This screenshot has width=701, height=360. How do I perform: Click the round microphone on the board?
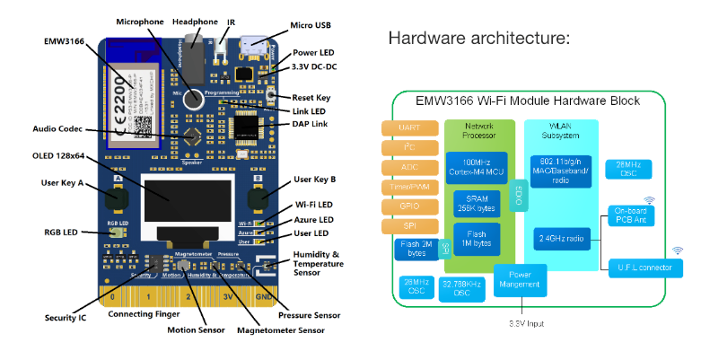[192, 99]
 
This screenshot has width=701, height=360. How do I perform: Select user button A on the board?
[116, 198]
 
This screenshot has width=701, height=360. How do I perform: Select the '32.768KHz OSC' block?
[463, 287]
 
